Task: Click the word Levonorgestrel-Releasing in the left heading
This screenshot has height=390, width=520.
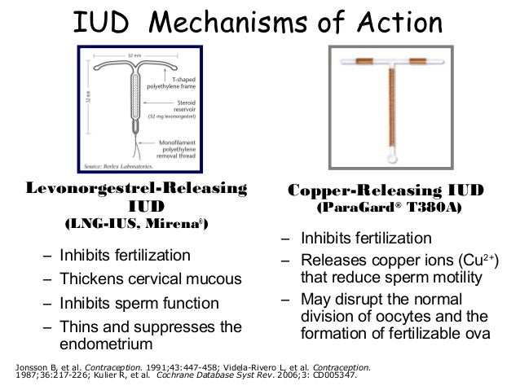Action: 137,190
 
